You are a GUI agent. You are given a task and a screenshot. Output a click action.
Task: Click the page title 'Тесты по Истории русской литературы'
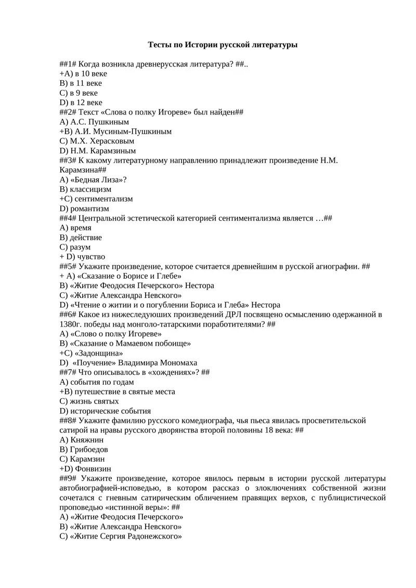pos(223,45)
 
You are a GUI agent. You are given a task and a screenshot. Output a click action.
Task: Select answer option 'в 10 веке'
pos(90,73)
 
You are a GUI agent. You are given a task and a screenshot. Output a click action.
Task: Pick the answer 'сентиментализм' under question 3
pos(103,199)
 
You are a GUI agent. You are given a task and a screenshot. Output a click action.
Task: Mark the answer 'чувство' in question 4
pos(91,256)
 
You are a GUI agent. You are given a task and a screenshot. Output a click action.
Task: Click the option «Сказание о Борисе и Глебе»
pos(129,276)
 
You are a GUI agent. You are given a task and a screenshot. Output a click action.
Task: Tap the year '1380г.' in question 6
pos(71,324)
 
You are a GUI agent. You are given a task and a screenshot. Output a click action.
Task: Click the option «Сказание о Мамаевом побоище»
pos(131,343)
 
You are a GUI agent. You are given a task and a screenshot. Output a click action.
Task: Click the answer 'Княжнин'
pos(85,440)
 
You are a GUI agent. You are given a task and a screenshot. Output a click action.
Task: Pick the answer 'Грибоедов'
pos(89,449)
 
